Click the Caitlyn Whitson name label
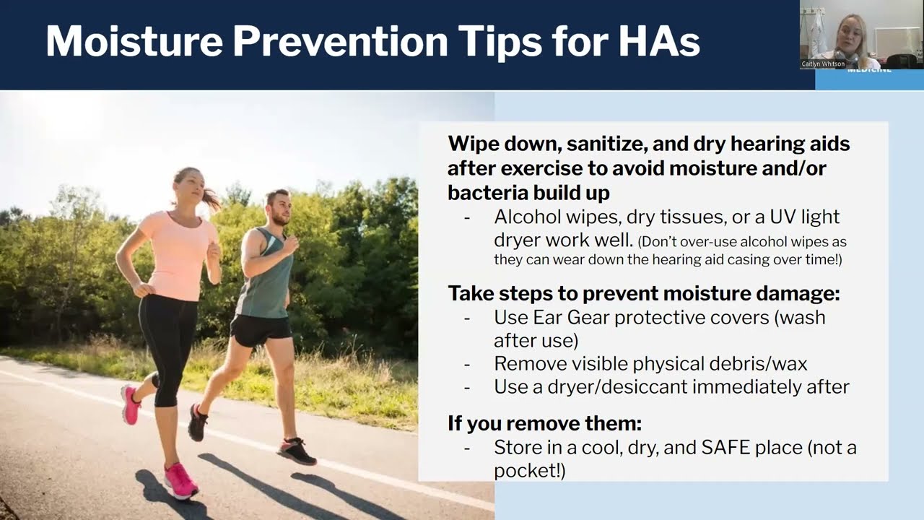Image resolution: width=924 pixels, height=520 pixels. (823, 64)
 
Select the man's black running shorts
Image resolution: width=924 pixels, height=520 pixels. (261, 329)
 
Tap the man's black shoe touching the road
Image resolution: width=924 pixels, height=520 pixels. (297, 451)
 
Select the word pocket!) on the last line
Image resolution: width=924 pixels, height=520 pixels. (529, 470)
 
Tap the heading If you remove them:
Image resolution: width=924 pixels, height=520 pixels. (544, 422)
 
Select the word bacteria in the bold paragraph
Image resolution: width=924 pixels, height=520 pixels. (487, 193)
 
